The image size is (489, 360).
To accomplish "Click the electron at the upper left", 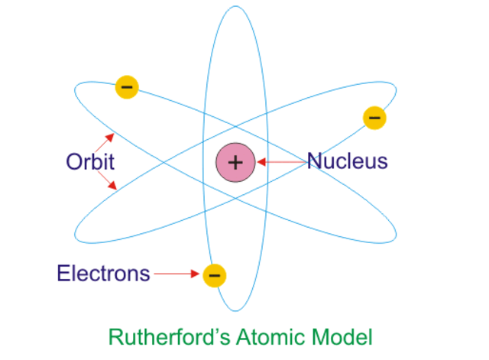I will (x=127, y=86).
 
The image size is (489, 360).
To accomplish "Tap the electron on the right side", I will (x=374, y=118).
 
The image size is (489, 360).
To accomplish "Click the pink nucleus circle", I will (x=235, y=162).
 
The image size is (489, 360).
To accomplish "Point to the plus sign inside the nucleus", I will (x=235, y=162).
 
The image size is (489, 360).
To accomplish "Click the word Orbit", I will (x=90, y=162).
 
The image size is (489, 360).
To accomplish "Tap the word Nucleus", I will (x=348, y=161).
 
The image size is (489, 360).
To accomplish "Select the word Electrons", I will (x=103, y=274).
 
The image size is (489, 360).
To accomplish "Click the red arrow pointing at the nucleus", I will (x=280, y=162).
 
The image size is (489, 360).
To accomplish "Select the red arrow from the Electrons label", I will (x=177, y=274).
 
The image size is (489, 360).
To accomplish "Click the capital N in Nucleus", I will (x=314, y=161).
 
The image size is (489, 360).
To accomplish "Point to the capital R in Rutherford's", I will (x=115, y=336).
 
